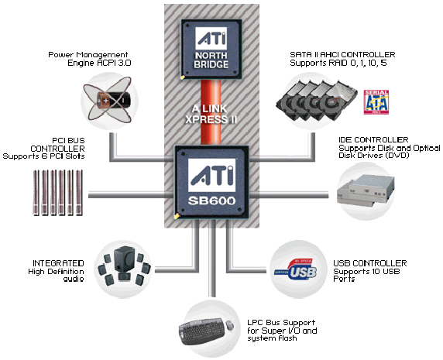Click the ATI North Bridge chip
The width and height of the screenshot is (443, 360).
point(211,49)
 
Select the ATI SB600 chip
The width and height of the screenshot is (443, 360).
point(211,182)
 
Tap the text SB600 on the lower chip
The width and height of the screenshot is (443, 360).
point(211,201)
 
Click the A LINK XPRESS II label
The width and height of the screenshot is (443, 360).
point(211,114)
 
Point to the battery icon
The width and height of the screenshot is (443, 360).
point(114,100)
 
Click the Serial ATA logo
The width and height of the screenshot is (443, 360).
point(376,102)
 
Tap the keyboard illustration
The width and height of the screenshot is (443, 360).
point(201,331)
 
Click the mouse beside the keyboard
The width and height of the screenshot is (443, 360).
point(230,325)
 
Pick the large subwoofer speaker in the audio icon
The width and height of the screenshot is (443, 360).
point(124,259)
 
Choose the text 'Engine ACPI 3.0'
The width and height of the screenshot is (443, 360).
point(99,63)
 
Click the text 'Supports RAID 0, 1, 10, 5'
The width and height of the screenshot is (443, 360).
point(338,63)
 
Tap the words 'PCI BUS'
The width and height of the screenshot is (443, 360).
point(68,140)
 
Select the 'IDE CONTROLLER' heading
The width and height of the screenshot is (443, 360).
point(373,140)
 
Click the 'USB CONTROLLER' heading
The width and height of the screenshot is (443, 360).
point(370,263)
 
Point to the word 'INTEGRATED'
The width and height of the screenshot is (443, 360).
point(58,263)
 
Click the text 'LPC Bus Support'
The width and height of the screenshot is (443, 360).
point(281,322)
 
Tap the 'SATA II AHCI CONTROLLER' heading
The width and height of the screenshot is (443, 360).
point(342,54)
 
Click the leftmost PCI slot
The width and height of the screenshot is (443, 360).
point(36,193)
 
